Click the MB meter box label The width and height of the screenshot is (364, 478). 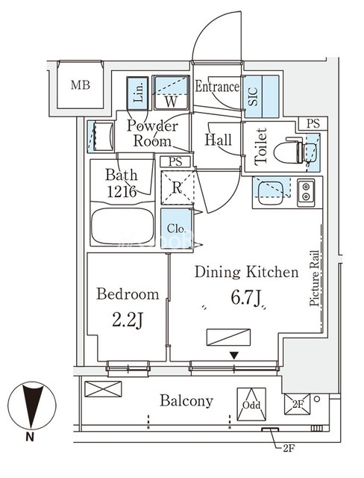81,85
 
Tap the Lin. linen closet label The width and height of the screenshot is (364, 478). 138,93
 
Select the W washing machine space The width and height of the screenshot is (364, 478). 171,93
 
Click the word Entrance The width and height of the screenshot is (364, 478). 217,87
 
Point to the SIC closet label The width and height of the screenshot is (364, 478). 253,96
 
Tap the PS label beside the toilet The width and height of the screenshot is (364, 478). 313,123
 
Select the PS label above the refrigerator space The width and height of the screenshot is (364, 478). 175,161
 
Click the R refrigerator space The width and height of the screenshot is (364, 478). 177,187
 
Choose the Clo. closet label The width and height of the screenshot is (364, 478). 176,229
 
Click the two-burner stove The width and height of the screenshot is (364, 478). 306,192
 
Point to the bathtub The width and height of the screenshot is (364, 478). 122,226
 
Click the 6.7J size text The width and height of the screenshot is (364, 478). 246,298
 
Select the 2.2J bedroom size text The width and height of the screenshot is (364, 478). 128,320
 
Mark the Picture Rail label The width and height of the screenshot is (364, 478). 314,279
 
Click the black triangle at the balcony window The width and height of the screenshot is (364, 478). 233,356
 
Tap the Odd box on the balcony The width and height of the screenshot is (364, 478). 251,404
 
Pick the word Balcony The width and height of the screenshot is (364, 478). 186,401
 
